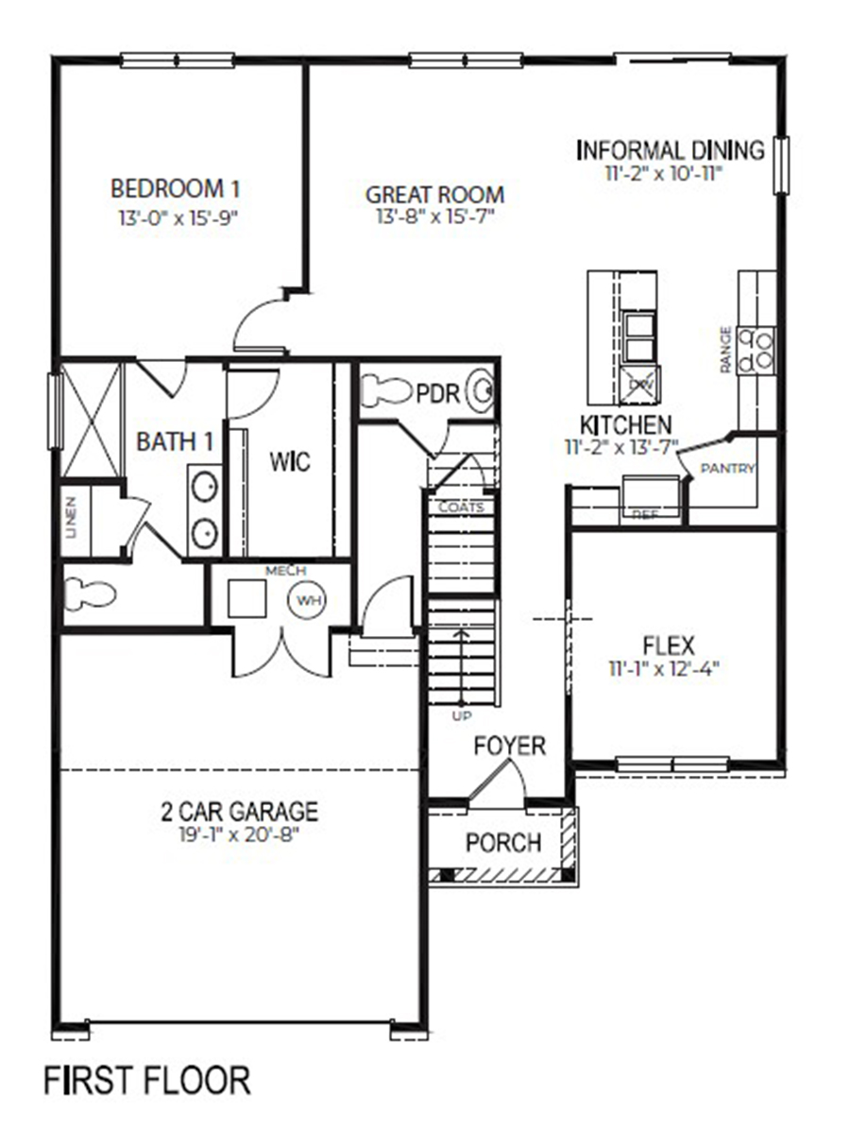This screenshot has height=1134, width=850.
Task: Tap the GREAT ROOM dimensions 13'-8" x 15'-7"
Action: [434, 216]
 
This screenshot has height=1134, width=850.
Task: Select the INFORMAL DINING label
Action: [670, 150]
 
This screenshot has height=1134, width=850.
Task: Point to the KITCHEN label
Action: [626, 425]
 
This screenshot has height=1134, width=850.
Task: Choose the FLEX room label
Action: [669, 646]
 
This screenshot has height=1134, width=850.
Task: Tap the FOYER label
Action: [510, 746]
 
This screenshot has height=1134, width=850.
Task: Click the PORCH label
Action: [503, 842]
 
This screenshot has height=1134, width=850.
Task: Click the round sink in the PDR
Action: [483, 391]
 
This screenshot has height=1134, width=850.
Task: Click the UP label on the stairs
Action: [460, 716]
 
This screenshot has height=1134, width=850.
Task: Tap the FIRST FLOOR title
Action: [147, 1079]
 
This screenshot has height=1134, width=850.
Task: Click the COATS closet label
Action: [461, 507]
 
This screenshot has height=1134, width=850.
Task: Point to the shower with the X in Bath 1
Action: [92, 420]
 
